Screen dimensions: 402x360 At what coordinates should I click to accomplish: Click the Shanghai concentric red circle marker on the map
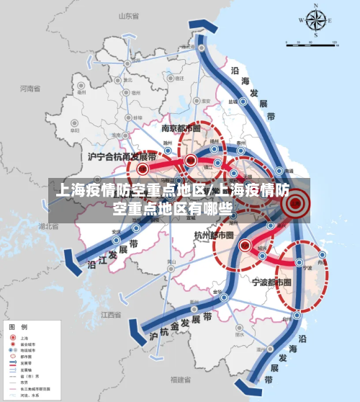tap(294, 205)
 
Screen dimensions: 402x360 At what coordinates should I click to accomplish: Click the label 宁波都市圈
tap(272, 280)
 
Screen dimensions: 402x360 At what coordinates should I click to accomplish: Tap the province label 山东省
tap(127, 15)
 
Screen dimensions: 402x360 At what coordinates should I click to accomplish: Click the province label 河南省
tap(30, 89)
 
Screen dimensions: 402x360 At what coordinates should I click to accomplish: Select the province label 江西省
tap(111, 315)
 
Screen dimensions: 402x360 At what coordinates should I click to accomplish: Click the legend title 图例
tap(17, 328)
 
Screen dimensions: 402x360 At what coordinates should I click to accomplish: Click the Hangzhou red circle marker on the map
tap(245, 245)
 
